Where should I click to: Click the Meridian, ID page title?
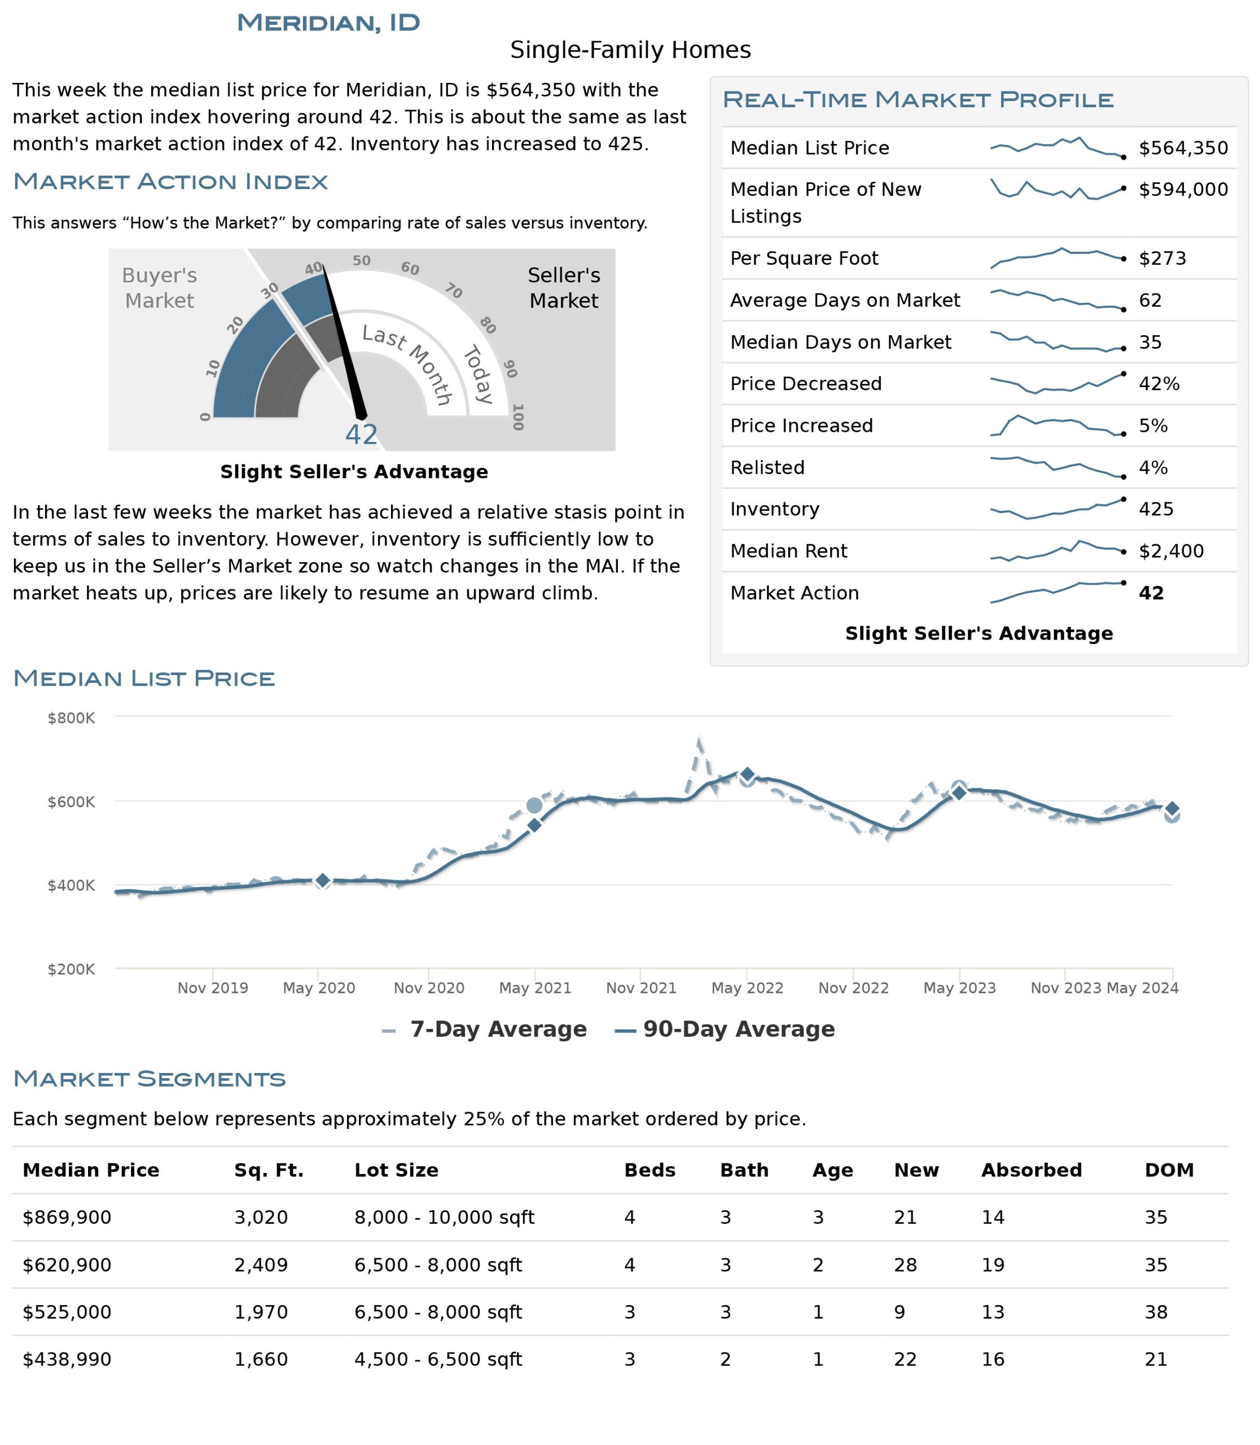point(328,23)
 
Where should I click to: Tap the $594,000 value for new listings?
point(1183,189)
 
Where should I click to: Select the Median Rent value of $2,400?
point(1171,551)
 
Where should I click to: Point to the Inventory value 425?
point(1157,509)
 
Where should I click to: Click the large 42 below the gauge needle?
point(361,435)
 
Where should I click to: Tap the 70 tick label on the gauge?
point(454,291)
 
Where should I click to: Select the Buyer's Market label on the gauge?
point(160,288)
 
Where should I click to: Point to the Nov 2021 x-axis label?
point(641,988)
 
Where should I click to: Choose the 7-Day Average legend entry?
point(485,1029)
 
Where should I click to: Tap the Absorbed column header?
point(1031,1170)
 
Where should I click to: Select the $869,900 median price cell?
point(67,1218)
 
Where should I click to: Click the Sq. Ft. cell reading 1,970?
point(261,1312)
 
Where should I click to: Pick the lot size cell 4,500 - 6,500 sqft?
point(438,1359)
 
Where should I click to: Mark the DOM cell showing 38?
point(1156,1312)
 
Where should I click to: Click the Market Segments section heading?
point(149,1079)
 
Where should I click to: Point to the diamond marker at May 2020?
point(323,880)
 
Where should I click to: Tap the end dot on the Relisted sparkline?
point(1123,477)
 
